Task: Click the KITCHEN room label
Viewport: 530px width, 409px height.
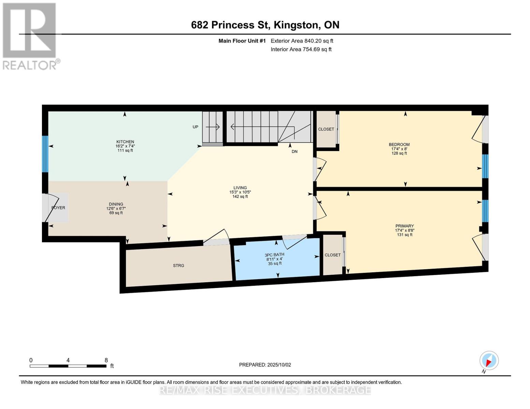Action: coord(125,142)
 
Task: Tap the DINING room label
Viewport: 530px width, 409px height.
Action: coord(116,204)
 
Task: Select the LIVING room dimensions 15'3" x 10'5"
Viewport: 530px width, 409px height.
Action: coord(240,192)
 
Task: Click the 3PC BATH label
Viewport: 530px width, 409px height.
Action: coord(274,255)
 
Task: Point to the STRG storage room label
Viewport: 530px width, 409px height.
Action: coord(178,266)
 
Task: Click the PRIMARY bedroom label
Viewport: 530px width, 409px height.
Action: coord(404,226)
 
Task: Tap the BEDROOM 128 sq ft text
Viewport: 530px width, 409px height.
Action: coord(399,153)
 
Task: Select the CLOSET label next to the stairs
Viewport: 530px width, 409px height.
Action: coord(326,129)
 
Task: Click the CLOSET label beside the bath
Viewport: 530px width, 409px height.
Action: coord(332,255)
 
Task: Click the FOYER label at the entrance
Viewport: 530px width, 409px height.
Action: coord(58,208)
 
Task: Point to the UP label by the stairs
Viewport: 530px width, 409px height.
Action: coord(195,127)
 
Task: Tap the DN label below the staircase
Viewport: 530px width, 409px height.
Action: coord(294,151)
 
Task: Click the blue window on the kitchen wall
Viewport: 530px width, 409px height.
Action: coord(45,154)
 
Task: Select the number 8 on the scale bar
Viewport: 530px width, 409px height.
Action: coord(106,360)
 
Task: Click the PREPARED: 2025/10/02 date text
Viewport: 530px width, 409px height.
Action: coord(265,365)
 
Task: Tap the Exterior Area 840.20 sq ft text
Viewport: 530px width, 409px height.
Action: coord(302,41)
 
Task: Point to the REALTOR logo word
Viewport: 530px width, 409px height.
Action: coord(30,65)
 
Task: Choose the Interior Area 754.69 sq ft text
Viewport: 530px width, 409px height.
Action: coord(301,49)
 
